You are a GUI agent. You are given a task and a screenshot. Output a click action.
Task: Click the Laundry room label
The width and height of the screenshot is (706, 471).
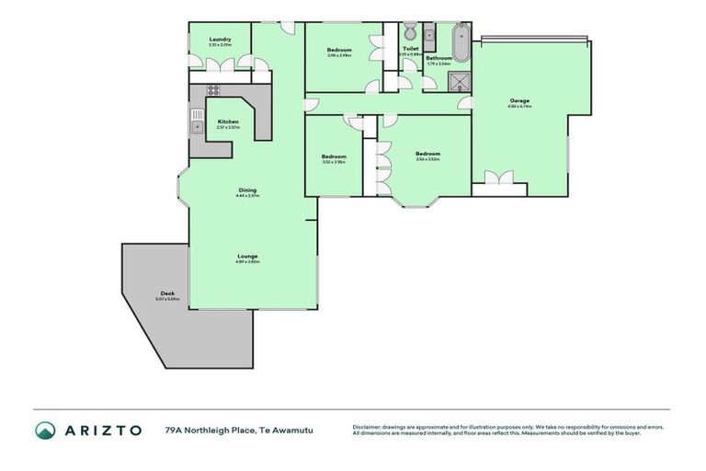(x=219, y=40)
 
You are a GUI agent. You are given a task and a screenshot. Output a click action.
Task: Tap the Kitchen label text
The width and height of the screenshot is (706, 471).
(x=228, y=122)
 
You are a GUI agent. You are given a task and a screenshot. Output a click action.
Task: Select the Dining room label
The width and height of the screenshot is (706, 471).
(x=247, y=190)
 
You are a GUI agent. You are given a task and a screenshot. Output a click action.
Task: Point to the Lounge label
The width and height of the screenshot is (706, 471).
(x=247, y=257)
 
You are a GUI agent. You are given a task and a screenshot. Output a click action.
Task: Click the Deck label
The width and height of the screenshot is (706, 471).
(x=167, y=293)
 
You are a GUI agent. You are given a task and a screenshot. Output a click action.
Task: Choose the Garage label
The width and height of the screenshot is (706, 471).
(x=519, y=101)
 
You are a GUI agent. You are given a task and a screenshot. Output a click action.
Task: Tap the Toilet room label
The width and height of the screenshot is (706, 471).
(x=410, y=49)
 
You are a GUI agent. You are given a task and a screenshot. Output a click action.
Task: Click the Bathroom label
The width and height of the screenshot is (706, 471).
(x=438, y=58)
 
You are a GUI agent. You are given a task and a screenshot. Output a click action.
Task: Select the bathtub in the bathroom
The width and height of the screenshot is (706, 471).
(x=461, y=40)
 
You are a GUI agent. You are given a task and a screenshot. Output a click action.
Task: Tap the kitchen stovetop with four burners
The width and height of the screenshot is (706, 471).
(x=212, y=90)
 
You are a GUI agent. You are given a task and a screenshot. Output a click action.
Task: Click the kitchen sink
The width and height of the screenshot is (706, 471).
(x=197, y=120)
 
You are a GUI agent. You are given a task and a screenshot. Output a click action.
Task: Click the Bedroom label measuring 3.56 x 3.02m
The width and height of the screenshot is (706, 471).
(x=427, y=155)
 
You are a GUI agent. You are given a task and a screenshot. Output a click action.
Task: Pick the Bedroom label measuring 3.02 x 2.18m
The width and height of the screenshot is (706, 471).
(x=334, y=157)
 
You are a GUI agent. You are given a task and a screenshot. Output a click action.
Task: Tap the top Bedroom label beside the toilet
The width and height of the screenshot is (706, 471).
(x=339, y=51)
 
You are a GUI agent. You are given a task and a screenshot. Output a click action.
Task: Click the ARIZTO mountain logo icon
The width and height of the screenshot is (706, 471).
(x=45, y=430)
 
